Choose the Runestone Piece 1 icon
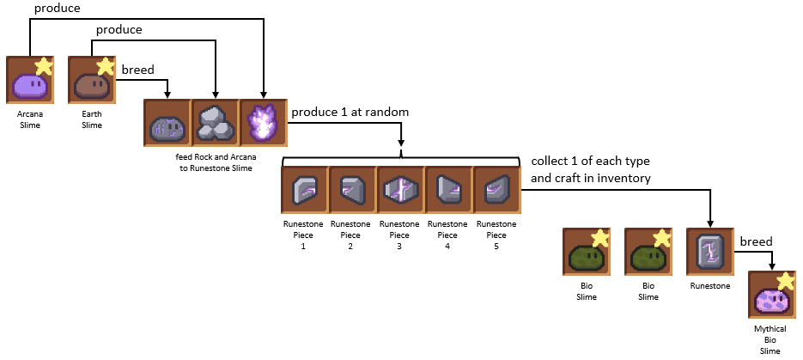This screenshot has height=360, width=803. tap(306, 191)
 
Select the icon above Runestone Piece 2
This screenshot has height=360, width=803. tap(353, 191)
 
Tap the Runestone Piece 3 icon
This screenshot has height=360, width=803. tap(400, 191)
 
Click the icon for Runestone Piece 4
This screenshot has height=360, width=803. tap(447, 191)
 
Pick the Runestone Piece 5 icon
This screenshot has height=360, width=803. tap(496, 191)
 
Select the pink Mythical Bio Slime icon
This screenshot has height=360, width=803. tap(771, 297)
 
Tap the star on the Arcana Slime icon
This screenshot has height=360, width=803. tap(42, 66)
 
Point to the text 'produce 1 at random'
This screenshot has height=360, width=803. tap(350, 113)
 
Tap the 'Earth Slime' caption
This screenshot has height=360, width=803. tap(91, 119)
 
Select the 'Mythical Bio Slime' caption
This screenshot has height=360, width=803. tap(770, 339)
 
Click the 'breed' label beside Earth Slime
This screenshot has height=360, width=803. tap(140, 69)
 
